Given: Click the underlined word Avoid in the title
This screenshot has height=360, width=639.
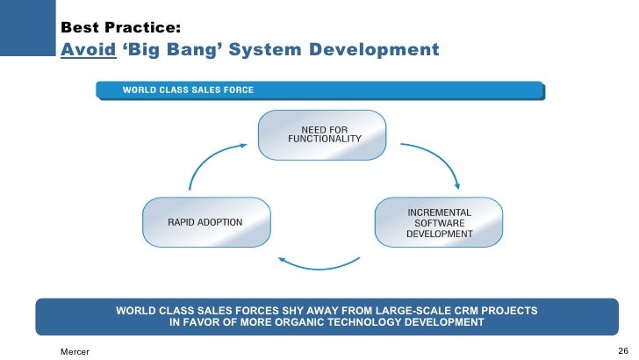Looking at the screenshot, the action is [x=89, y=48].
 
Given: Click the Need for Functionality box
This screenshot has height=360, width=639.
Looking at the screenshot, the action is [x=324, y=134].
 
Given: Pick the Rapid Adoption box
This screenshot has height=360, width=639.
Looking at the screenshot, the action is [x=193, y=222].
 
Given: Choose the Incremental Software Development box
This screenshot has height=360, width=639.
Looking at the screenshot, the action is [x=439, y=223].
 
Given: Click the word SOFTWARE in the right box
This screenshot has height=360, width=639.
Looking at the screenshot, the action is [x=439, y=223].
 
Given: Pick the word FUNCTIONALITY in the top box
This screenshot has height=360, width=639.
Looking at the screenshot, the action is [x=324, y=140].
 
